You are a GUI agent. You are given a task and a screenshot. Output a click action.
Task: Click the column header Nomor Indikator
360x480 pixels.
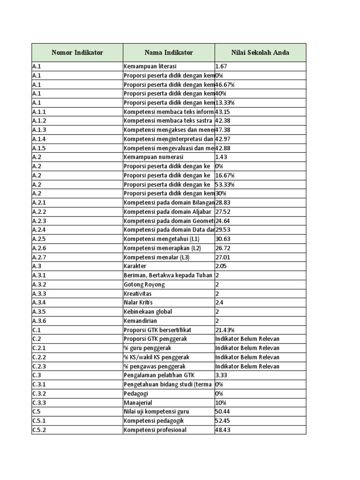[77, 52]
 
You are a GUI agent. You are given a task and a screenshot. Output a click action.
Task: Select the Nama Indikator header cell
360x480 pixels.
[169, 52]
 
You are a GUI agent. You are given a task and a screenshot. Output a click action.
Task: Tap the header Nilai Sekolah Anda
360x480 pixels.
[260, 52]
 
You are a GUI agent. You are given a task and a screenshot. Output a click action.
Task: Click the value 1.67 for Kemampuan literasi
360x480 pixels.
[221, 67]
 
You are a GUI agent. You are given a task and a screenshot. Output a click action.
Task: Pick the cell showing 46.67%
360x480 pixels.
[225, 84]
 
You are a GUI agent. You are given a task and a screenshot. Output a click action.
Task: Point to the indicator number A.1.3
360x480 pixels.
[39, 130]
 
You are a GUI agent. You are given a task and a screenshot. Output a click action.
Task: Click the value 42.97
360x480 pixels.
[223, 139]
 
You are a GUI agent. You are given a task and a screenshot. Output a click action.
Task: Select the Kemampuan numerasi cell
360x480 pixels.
[154, 157]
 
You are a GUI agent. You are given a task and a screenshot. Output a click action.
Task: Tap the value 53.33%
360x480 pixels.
[225, 184]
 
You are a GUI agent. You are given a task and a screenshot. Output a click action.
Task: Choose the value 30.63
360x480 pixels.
[223, 239]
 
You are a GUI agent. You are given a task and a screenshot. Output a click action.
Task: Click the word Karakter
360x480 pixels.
[135, 266]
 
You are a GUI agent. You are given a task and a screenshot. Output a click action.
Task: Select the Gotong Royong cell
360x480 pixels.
[144, 285]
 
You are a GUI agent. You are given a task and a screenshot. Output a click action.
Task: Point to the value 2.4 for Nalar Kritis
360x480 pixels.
[219, 303]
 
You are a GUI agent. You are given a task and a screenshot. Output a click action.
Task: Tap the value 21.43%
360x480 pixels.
[225, 330]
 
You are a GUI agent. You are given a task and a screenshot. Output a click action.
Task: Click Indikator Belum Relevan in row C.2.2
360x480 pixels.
[247, 357]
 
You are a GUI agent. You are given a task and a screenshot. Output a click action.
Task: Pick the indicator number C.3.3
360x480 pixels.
[39, 403]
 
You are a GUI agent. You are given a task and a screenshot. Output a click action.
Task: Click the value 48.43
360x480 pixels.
[223, 430]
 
